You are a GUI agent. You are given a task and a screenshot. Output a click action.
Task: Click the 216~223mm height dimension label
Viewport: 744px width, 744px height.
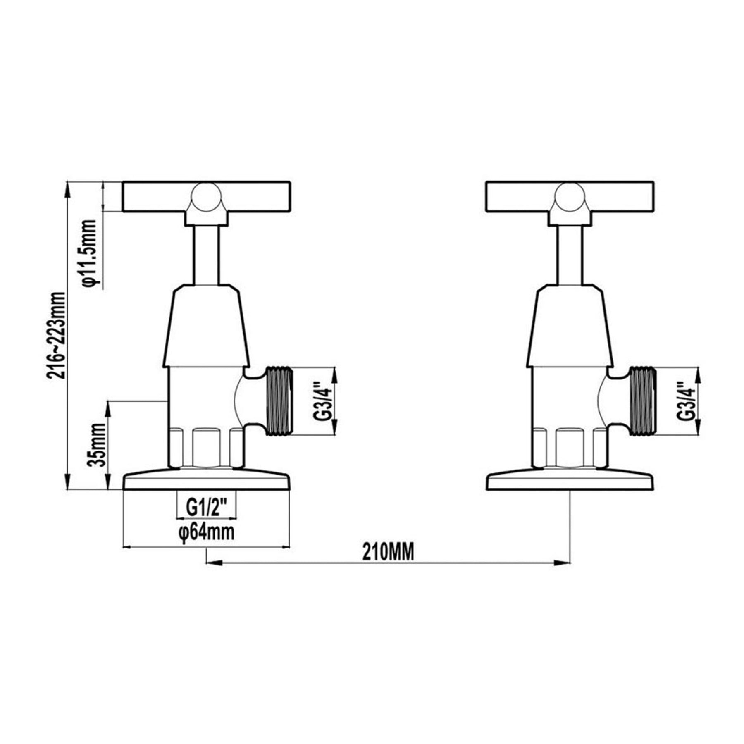(x=56, y=335)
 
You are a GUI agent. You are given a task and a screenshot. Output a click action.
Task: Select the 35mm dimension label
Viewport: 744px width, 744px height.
(x=97, y=444)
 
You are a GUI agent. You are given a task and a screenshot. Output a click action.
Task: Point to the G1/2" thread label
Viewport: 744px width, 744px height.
(x=206, y=507)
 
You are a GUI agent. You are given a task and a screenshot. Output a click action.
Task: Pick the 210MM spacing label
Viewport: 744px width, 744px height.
(x=388, y=552)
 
